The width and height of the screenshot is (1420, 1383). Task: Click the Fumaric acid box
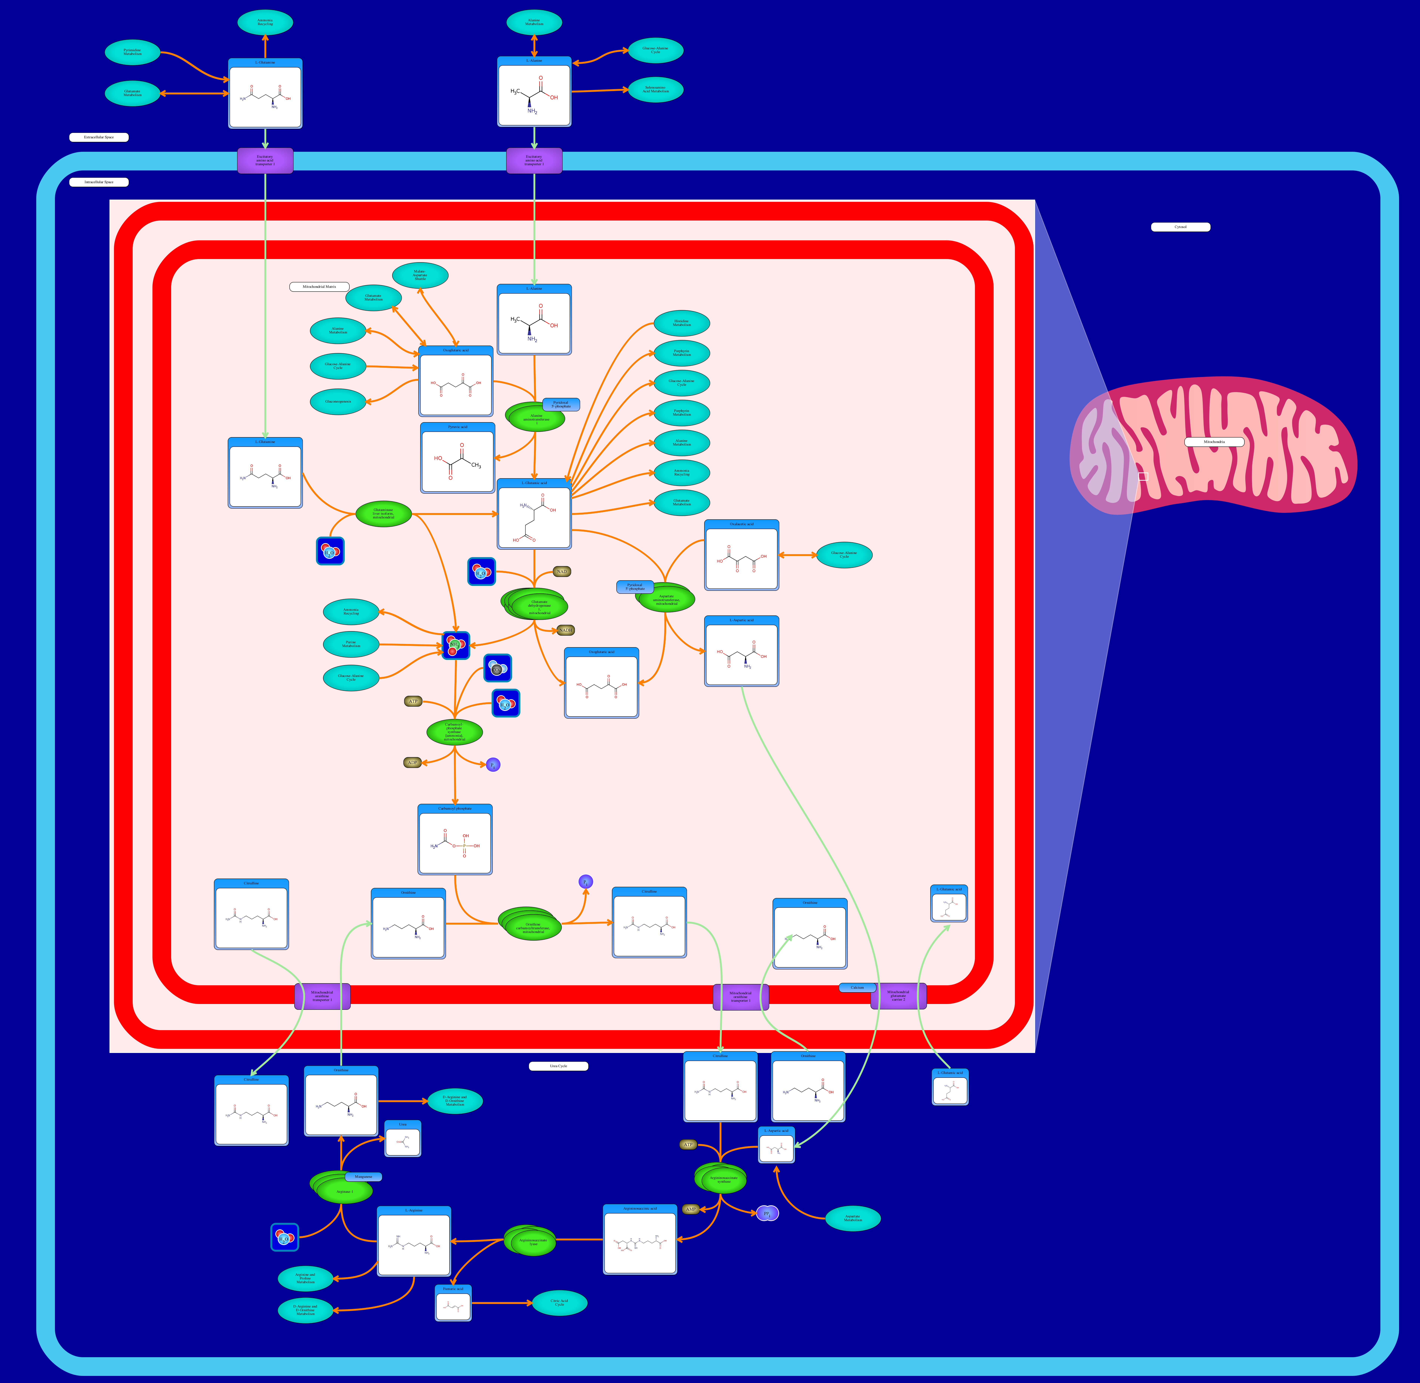(453, 1303)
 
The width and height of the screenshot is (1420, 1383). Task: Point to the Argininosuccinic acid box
(640, 1239)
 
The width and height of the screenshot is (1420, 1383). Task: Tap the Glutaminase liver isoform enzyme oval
(384, 514)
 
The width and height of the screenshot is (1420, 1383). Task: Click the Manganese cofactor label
(363, 1176)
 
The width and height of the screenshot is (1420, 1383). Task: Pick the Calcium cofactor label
(857, 987)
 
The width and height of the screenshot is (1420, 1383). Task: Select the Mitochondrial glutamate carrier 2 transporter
(899, 996)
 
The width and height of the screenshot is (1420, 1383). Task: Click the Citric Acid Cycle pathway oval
(559, 1302)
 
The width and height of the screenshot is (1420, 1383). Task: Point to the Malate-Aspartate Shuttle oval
(420, 275)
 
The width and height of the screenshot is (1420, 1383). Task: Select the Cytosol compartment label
(1180, 227)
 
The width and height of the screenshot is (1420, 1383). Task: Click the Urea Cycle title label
(558, 1066)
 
